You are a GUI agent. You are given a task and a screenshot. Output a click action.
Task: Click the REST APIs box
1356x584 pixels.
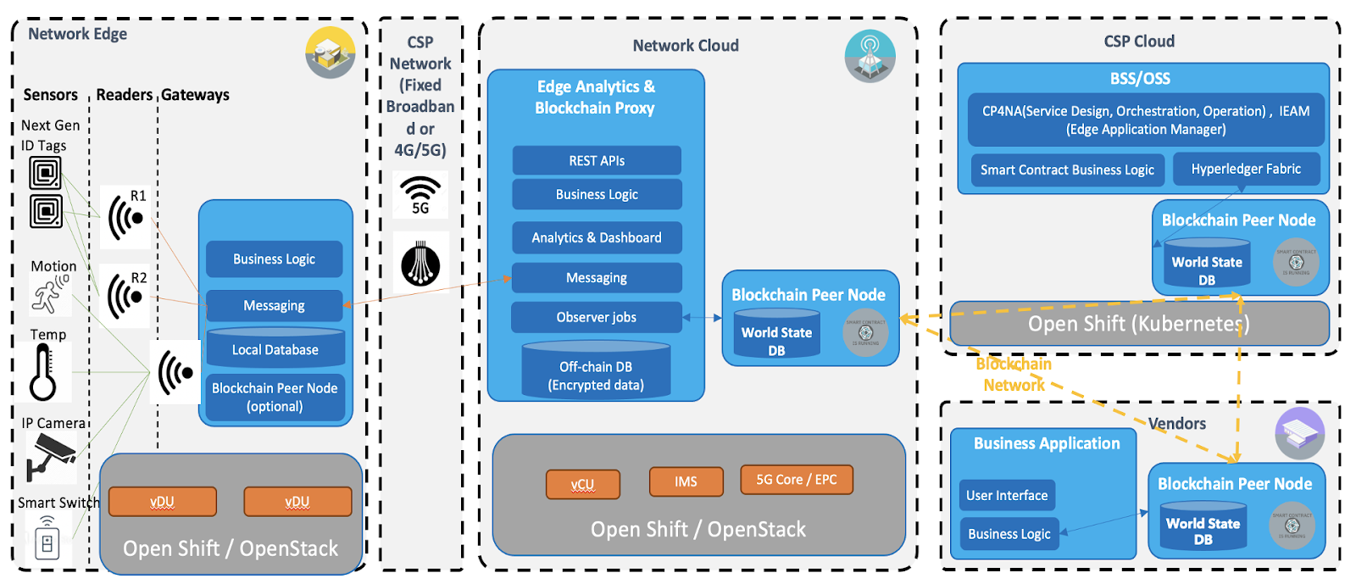(597, 160)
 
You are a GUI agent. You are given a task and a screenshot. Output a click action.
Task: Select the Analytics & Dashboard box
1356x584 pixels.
(597, 237)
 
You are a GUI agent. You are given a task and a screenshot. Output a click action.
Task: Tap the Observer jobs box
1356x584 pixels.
(597, 317)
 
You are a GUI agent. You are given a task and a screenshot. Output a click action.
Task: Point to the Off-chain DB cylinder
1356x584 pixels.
(596, 370)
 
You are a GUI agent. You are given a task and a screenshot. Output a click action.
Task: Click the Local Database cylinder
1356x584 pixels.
(275, 348)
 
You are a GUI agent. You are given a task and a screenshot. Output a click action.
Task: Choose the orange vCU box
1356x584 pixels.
(583, 484)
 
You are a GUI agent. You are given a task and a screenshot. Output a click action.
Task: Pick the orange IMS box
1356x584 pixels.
(686, 481)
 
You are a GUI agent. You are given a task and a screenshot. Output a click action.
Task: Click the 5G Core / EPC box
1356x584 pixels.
(797, 480)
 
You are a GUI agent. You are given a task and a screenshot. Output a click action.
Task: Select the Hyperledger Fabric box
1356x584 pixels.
(1246, 169)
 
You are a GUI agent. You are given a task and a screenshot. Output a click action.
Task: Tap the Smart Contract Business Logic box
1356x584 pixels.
(1067, 170)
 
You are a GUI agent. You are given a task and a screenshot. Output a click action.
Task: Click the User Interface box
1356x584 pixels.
(1007, 495)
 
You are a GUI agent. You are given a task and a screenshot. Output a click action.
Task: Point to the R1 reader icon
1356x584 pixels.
(125, 217)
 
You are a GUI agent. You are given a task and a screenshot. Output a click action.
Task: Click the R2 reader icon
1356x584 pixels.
(125, 296)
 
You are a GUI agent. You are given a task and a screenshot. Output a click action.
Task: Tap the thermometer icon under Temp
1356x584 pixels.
(43, 373)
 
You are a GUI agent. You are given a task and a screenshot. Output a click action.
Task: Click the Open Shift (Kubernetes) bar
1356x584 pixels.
(1139, 324)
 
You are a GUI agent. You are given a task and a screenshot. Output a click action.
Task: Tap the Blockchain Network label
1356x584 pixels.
(1014, 374)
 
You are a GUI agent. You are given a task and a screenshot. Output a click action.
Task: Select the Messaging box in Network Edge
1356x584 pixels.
(274, 305)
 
